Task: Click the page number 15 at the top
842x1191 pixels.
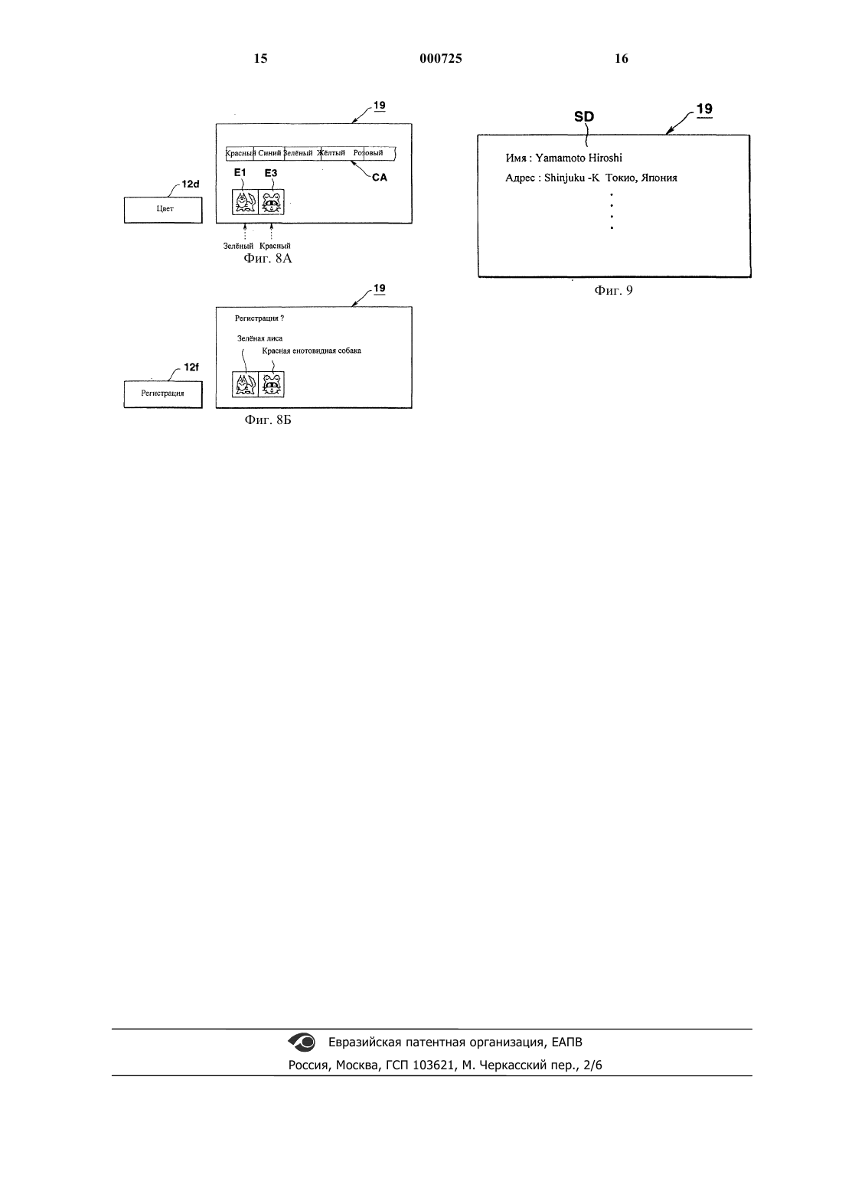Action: pyautogui.click(x=260, y=58)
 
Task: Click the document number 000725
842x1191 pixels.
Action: pyautogui.click(x=441, y=58)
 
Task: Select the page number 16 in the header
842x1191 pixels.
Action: pyautogui.click(x=622, y=58)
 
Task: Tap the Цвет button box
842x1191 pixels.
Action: pyautogui.click(x=163, y=210)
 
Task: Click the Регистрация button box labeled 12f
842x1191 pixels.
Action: pyautogui.click(x=163, y=394)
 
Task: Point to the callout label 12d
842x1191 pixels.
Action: pyautogui.click(x=191, y=184)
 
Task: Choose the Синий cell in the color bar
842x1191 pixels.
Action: pyautogui.click(x=269, y=153)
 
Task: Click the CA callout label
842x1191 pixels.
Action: pyautogui.click(x=380, y=177)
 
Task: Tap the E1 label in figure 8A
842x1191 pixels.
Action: pyautogui.click(x=240, y=172)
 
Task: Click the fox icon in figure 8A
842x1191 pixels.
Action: pyautogui.click(x=245, y=202)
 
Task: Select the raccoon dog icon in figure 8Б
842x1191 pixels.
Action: pyautogui.click(x=271, y=384)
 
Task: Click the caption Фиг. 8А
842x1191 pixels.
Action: pyautogui.click(x=268, y=259)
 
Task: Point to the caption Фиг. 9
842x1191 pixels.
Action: pyautogui.click(x=613, y=290)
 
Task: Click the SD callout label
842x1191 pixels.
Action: pyautogui.click(x=583, y=116)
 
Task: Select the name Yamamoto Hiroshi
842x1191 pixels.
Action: pyautogui.click(x=579, y=158)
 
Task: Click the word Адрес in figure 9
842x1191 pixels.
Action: pyautogui.click(x=520, y=178)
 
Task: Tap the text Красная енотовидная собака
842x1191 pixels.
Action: pyautogui.click(x=312, y=351)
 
